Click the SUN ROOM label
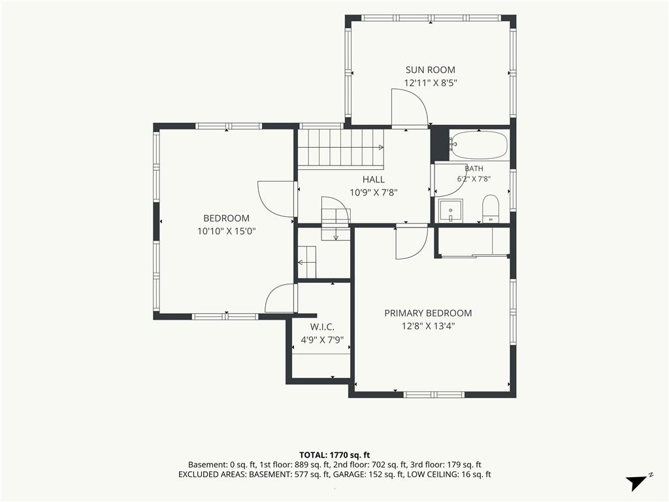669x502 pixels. (430, 69)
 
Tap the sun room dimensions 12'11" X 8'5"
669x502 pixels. (431, 83)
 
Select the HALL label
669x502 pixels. (373, 179)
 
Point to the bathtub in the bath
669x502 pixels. (479, 144)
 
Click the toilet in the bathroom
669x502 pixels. (490, 209)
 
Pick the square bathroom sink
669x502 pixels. (451, 210)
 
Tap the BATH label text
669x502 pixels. (474, 169)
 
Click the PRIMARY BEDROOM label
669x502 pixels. (428, 313)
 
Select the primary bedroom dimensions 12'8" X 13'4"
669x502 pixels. (428, 326)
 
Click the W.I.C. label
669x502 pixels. (322, 327)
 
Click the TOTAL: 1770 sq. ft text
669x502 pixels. (334, 455)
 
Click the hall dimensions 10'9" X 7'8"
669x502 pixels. (374, 193)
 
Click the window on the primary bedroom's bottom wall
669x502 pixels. (434, 395)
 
